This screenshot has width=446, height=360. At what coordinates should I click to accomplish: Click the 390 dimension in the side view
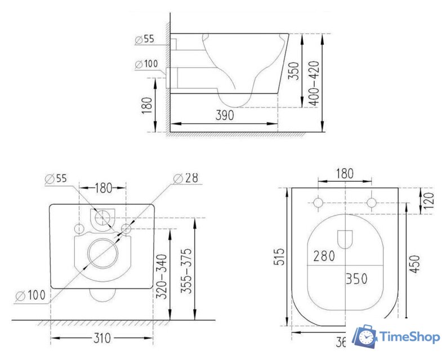coord(224,115)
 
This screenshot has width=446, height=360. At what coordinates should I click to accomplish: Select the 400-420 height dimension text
coord(313,83)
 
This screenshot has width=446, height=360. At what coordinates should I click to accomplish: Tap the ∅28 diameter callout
coord(185,178)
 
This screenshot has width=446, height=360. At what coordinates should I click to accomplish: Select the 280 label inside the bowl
coord(323,256)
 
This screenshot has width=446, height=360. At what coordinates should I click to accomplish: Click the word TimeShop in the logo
coord(409,337)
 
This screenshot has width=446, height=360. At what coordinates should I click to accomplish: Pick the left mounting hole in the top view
coord(318,202)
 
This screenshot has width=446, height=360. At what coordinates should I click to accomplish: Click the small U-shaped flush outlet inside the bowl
coord(345,238)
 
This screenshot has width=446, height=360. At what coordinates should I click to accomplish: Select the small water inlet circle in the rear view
coord(102,217)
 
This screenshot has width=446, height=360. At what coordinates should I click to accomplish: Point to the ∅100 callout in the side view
coord(146,64)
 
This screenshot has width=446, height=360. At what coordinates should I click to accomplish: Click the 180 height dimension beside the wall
coord(148,105)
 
